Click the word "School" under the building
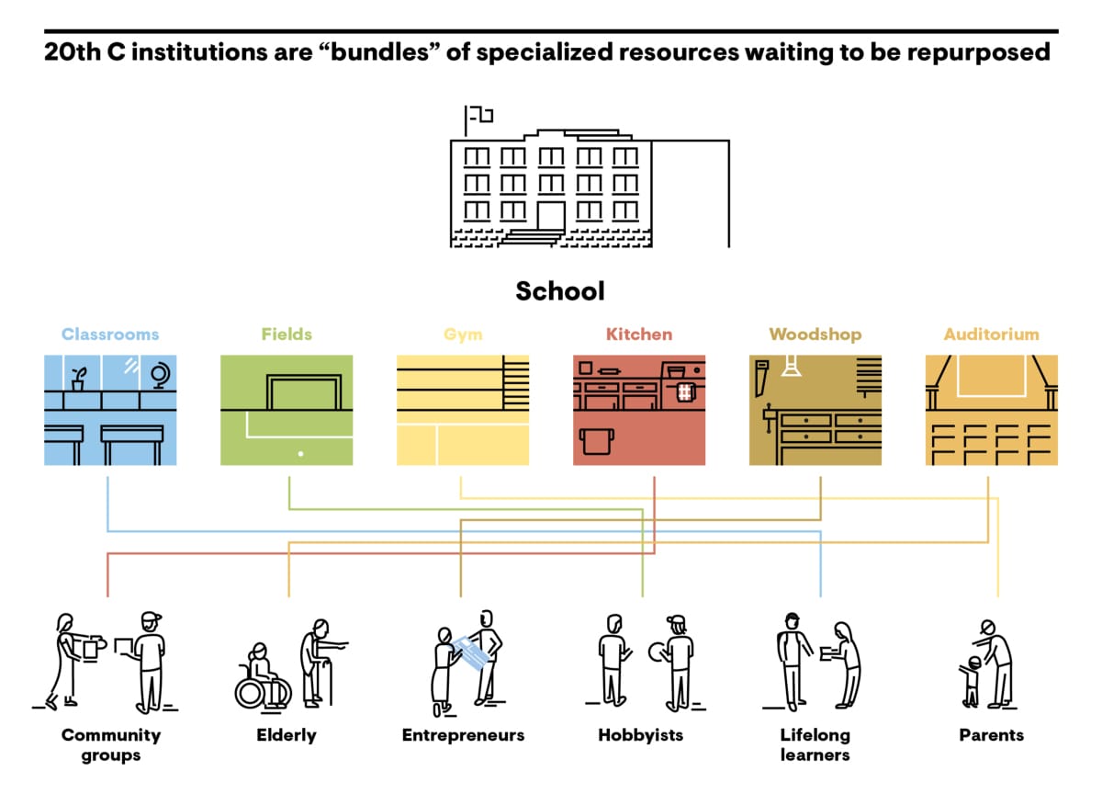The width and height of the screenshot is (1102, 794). pos(560,291)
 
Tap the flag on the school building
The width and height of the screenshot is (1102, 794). pos(480,115)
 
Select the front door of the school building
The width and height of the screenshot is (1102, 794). pos(550,215)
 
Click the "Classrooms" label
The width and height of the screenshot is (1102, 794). pos(110,335)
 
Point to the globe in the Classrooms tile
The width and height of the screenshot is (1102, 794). pos(161,376)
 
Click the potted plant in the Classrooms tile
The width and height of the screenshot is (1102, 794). pos(79,380)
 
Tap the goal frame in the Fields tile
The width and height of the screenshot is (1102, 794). pos(304,391)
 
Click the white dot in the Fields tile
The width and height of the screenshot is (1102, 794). pos(300,454)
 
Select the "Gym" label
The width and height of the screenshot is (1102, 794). pos(463,335)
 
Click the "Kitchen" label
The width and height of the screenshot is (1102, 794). pos(639,335)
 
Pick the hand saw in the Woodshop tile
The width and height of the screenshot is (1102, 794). pos(761,378)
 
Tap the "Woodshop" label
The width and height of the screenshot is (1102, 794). pos(815,335)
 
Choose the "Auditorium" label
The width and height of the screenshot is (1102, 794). pos(991,335)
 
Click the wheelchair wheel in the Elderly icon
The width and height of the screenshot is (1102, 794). pos(252,693)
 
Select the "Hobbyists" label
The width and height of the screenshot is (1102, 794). pos(641,735)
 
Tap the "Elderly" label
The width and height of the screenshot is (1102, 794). pos(287,735)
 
